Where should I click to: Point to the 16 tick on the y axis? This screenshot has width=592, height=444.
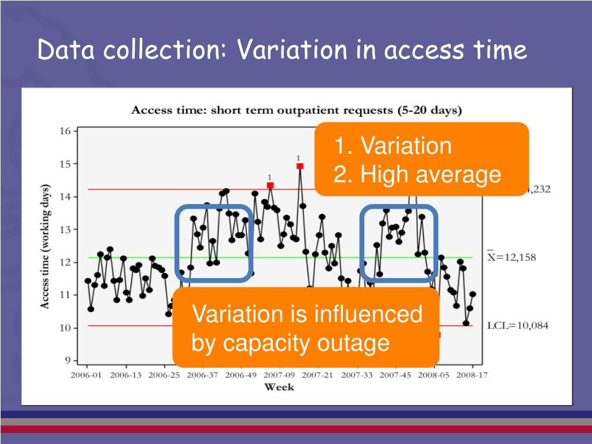tap(66, 131)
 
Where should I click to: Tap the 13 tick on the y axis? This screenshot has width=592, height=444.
tap(65, 230)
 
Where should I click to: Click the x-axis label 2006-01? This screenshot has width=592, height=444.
tap(87, 375)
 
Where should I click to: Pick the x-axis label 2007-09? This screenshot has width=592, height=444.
tap(280, 375)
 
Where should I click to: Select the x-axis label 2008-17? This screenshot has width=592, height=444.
tap(473, 375)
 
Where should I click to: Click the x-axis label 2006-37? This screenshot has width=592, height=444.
tap(202, 375)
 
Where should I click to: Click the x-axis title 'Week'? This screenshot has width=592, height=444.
tap(279, 387)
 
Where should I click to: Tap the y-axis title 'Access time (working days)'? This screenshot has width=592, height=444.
tap(45, 246)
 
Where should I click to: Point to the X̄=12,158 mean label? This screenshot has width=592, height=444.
tap(511, 257)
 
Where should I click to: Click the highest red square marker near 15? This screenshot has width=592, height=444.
tap(299, 166)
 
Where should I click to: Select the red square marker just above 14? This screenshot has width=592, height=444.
tap(270, 185)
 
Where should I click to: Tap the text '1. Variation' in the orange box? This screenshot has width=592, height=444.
tap(393, 146)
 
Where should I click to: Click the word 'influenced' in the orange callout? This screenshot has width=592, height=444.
tap(368, 315)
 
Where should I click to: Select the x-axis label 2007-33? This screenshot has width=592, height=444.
tap(357, 375)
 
